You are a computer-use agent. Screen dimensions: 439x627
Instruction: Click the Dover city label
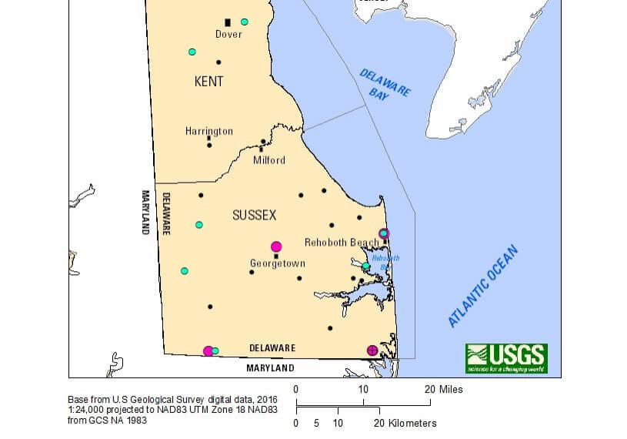click(228, 34)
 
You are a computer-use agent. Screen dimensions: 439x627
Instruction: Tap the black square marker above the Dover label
click(228, 22)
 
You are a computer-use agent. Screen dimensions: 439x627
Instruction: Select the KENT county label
click(209, 81)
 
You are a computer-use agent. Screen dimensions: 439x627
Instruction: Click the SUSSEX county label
click(254, 216)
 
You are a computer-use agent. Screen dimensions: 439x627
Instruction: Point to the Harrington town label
click(208, 132)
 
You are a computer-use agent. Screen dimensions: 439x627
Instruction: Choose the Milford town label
click(269, 160)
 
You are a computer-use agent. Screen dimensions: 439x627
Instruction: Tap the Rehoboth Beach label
click(342, 243)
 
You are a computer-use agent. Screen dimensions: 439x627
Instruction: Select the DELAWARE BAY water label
click(385, 84)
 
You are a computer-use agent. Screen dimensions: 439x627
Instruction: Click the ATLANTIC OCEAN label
click(485, 287)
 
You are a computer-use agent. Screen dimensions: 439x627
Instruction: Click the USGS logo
click(505, 358)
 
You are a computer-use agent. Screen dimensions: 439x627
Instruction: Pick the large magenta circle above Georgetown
click(276, 246)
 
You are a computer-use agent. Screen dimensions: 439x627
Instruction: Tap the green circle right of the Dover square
click(245, 22)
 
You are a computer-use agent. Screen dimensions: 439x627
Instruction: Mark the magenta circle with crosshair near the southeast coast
click(372, 350)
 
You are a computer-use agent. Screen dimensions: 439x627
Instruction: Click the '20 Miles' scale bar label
click(444, 390)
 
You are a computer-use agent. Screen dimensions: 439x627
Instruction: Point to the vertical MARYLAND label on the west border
click(144, 213)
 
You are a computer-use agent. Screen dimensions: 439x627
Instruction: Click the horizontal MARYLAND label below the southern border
click(270, 369)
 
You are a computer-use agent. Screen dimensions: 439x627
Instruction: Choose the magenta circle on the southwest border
click(208, 351)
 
